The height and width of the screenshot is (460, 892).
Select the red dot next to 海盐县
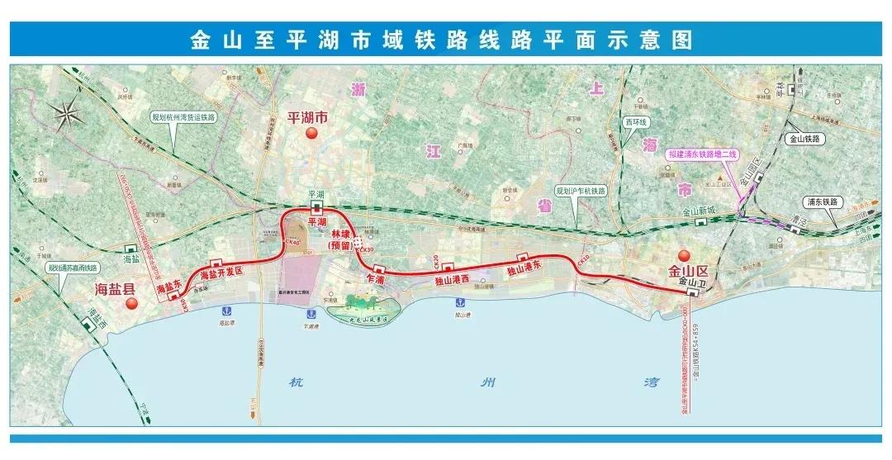click(x=130, y=303)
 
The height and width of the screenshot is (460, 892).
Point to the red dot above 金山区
click(x=683, y=255)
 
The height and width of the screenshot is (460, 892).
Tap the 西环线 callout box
click(x=635, y=122)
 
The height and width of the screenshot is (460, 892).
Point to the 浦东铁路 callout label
click(x=821, y=202)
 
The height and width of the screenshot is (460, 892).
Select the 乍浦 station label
click(x=376, y=280)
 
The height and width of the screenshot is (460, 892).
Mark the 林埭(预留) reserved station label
click(x=341, y=239)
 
